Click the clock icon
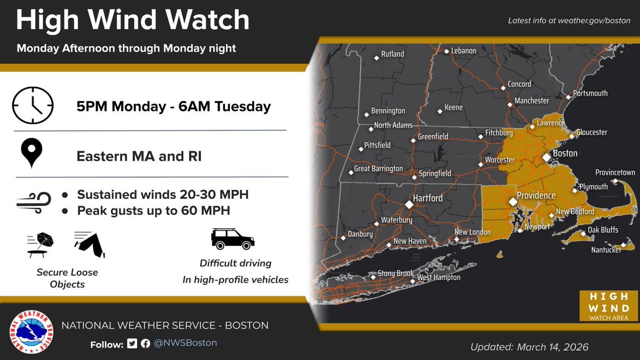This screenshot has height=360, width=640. point(33,106)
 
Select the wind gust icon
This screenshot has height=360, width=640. point(34,202)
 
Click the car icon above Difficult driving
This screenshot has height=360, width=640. point(233,239)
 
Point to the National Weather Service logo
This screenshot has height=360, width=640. point(31,331)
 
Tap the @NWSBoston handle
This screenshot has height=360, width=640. point(186,343)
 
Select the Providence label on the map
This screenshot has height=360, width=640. point(536,196)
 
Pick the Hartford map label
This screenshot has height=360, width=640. point(428,198)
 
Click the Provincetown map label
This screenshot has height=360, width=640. point(615,173)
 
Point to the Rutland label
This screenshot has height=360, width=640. point(392,54)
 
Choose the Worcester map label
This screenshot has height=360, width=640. point(500,160)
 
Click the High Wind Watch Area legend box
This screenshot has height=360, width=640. point(609,306)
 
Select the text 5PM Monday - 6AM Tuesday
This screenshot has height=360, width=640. point(173,107)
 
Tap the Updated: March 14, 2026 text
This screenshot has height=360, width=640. point(529,347)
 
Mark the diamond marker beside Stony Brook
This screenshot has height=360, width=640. point(374,274)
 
